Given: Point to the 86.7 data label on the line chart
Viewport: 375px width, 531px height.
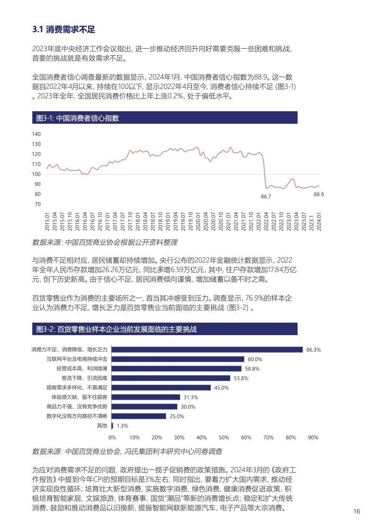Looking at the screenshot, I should tap(266, 196).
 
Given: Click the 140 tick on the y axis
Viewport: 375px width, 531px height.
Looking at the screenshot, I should tap(36, 134).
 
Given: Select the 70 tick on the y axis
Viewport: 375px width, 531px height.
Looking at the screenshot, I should tap(36, 204).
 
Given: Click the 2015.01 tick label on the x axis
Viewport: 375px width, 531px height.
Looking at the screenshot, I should tap(47, 221).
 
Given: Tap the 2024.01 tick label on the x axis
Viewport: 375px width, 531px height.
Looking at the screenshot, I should tap(319, 221).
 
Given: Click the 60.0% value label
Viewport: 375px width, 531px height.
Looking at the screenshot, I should tap(254, 359).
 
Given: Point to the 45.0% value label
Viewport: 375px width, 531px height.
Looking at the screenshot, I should tap(221, 388).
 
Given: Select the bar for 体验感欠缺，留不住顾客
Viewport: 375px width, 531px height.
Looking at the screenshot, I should tap(146, 397).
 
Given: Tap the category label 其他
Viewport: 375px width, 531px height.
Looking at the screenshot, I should tap(102, 425).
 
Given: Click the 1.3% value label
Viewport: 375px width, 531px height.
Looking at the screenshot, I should tap(122, 425).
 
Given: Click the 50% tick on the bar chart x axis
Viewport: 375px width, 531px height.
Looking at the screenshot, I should tap(224, 438).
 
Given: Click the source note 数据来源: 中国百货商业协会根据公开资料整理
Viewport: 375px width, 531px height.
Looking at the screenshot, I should tap(104, 242).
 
